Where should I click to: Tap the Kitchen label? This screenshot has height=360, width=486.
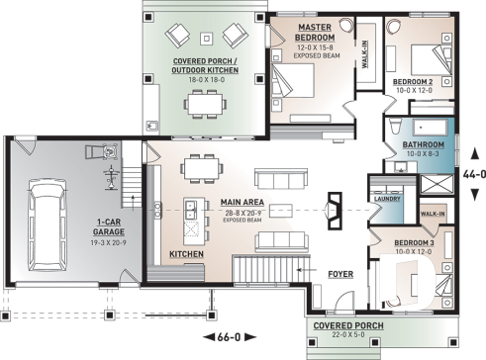186,254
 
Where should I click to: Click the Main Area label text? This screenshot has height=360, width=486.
243,203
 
